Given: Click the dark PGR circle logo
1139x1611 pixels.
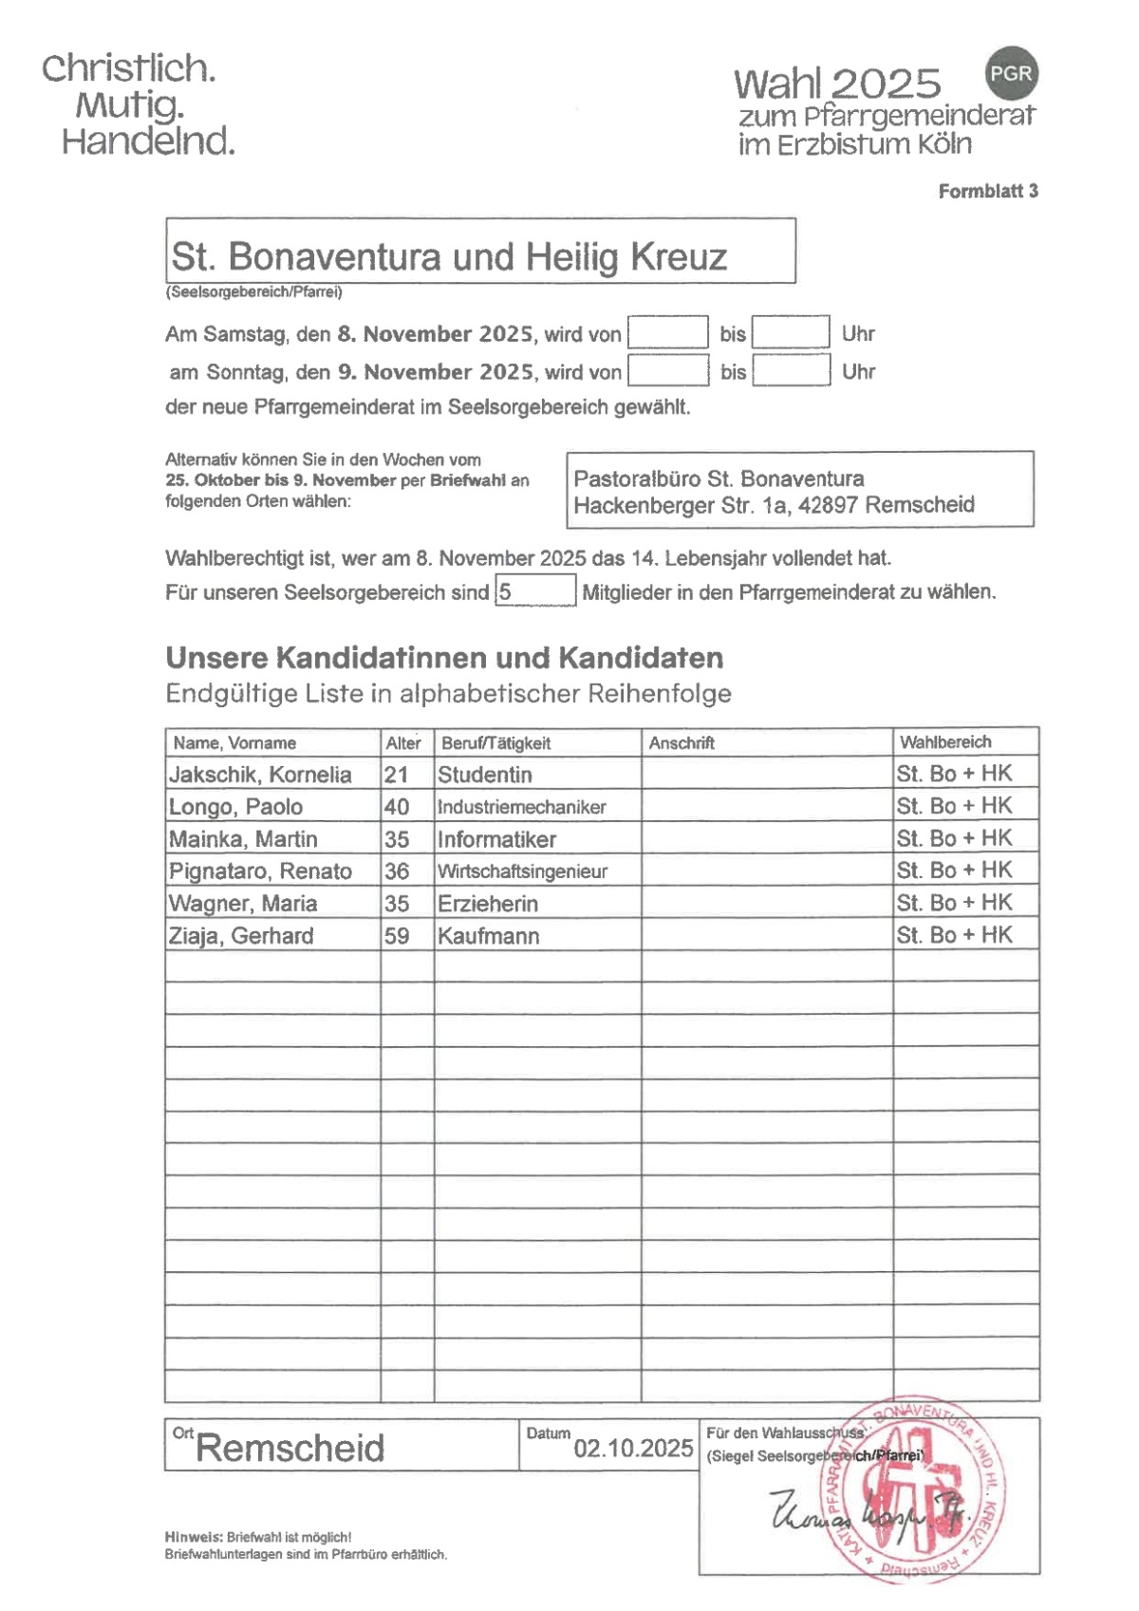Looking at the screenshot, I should (x=1011, y=74).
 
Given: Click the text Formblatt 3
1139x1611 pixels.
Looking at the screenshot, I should (x=987, y=191).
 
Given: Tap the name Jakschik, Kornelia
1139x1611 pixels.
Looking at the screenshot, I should (x=260, y=775).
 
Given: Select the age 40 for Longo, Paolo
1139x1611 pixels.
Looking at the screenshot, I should (x=397, y=807).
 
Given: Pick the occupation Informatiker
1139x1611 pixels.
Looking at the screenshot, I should (x=496, y=839).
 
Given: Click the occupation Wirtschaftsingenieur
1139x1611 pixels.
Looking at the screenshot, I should (x=522, y=871).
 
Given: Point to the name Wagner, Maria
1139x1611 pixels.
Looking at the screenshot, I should (x=243, y=903).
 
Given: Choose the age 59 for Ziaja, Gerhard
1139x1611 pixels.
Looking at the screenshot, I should (x=397, y=935).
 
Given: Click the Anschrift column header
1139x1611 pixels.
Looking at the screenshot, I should (x=682, y=742).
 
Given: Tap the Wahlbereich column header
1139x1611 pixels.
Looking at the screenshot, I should (x=945, y=741).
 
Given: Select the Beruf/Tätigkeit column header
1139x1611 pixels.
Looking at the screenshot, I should (x=495, y=742).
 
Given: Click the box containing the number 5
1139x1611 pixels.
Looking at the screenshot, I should (x=534, y=590).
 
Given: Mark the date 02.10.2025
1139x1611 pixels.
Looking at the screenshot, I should (x=633, y=1448).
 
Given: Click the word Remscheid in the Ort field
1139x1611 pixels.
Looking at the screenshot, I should (x=289, y=1448).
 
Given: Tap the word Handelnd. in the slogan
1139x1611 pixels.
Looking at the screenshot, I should (x=148, y=141).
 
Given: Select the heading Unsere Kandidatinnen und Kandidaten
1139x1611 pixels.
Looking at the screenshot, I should (x=444, y=657).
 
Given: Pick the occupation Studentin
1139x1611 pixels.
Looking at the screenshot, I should (x=485, y=775).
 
